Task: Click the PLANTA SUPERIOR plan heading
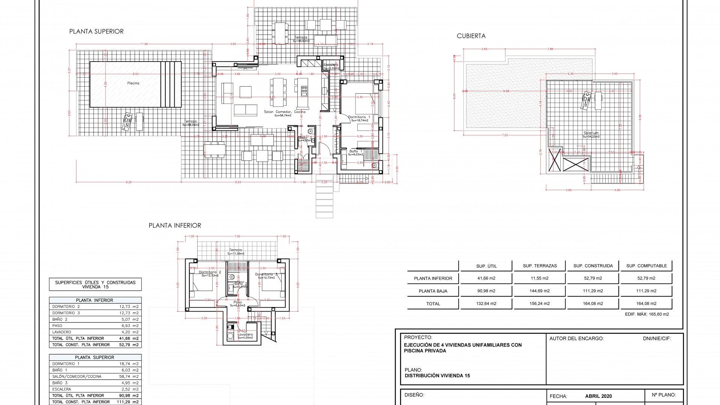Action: pos(96,31)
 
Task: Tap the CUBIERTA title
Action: pos(471,36)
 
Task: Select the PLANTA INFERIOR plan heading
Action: pos(175,225)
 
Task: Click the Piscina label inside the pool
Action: pos(133,83)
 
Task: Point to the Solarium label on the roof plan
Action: pos(591,133)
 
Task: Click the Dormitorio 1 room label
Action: pos(359,117)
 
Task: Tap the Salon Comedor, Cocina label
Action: pos(285,112)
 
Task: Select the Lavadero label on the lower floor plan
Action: pos(245,334)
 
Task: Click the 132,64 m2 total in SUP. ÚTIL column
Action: pos(486,304)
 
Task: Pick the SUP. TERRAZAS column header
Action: pos(540,266)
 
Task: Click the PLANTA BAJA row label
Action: pos(433,291)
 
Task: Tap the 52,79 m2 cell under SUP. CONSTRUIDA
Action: pos(593,278)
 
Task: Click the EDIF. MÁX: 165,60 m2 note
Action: pos(647,314)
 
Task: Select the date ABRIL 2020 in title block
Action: pos(598,396)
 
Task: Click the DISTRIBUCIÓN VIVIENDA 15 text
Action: pos(437,376)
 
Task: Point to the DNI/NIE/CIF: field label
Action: pos(657,339)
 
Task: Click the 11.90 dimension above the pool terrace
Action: pos(144,44)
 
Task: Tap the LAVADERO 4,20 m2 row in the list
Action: pos(95,332)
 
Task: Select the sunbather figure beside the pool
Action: pos(127,121)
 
